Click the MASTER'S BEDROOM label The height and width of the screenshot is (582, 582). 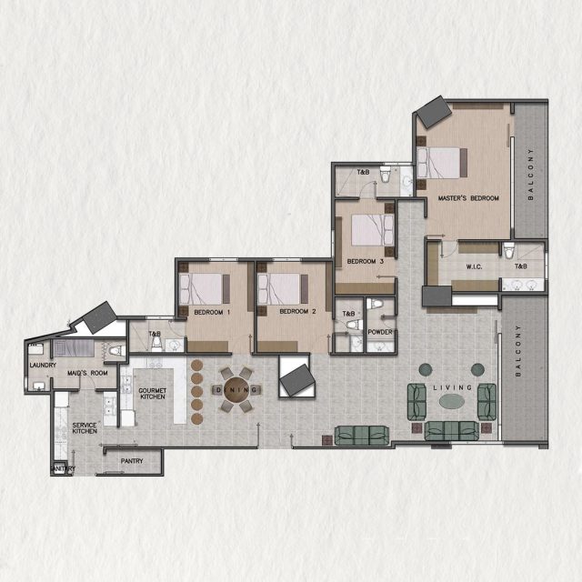click(x=468, y=198)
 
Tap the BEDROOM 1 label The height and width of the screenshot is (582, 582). click(x=211, y=312)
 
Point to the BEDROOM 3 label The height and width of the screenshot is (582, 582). click(x=366, y=263)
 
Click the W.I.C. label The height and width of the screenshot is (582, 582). click(x=472, y=267)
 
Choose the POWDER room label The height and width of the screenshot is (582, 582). click(x=380, y=333)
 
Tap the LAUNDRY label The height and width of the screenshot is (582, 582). click(x=42, y=366)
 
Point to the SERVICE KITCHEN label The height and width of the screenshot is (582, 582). click(x=85, y=427)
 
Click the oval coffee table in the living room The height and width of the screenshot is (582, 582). click(x=454, y=400)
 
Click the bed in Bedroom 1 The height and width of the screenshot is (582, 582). click(x=206, y=288)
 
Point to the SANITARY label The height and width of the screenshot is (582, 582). click(x=62, y=469)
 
